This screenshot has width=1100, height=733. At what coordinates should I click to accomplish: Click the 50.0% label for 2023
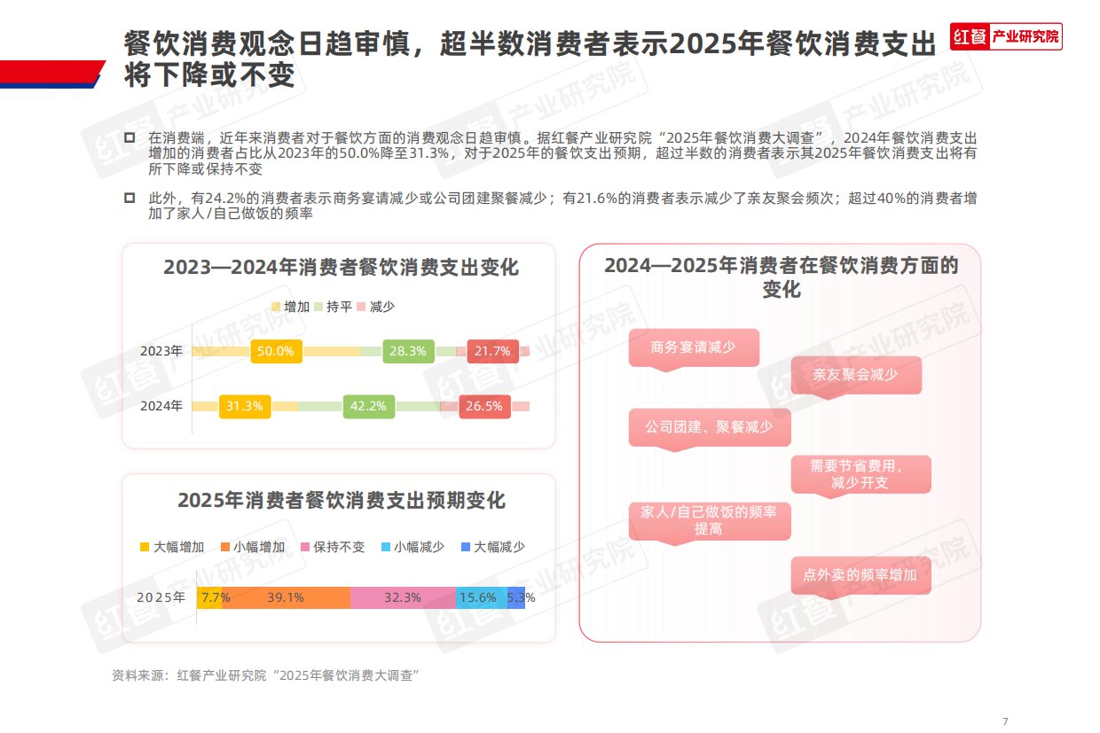pos(276,351)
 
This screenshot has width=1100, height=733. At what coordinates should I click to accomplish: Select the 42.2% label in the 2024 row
pos(368,407)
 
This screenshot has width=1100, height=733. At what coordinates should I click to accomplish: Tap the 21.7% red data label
pos(492,351)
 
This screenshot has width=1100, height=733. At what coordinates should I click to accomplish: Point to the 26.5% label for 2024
pos(483,407)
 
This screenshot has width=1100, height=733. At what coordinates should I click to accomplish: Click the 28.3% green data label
pos(407,351)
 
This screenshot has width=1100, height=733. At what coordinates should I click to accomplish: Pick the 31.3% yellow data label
pos(244,407)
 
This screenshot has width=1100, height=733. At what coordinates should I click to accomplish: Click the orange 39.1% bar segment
pos(286,598)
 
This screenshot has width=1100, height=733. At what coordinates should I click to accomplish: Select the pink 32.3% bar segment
pos(402,598)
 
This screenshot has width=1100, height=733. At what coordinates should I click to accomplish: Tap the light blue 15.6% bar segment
pos(477,598)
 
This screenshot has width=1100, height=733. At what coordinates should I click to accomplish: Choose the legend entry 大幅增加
pos(173,547)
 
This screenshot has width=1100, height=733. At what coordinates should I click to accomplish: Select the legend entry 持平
pos(334,307)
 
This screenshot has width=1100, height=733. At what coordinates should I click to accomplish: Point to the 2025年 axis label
pos(161,598)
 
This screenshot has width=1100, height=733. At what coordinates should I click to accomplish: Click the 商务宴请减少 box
pos(693,347)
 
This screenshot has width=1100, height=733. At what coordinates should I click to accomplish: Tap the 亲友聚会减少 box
pos(855,375)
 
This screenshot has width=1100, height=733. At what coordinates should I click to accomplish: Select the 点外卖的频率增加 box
pos(860,575)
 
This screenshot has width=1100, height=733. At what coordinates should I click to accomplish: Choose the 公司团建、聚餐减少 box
pos(709,427)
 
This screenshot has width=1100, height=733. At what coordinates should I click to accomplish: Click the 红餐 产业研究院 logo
pos(1006,36)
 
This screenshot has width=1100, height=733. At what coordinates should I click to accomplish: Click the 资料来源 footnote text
pos(265,675)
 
